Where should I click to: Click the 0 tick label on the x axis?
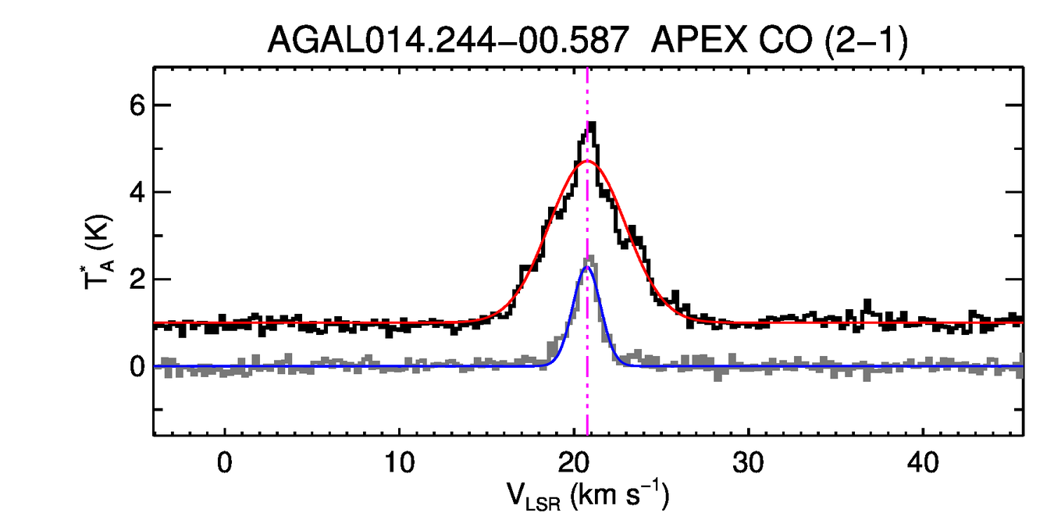click(225, 463)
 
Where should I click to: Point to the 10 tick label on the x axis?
click(399, 463)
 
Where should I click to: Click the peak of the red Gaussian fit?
click(586, 162)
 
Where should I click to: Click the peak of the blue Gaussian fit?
click(586, 267)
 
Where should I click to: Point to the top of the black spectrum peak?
click(592, 123)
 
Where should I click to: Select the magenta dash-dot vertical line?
click(587, 390)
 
